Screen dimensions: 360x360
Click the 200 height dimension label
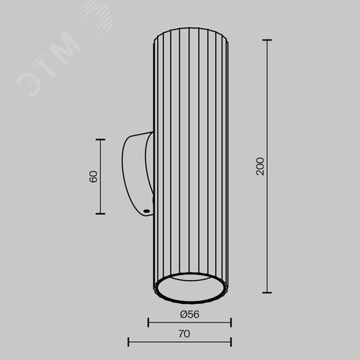pos(260,166)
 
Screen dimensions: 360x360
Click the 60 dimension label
pos(93,176)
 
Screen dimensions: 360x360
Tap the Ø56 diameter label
pos(189,315)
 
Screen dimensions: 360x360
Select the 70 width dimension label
pos(184,334)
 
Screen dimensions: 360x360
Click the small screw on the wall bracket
pos(146,211)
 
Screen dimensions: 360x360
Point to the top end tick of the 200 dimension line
pos(267,40)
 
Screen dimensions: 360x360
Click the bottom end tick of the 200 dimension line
pos(267,292)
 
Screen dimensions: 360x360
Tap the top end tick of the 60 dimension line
pos(100,140)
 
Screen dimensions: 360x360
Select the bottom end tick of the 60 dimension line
pos(100,213)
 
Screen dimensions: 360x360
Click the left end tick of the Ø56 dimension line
pos(148,323)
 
